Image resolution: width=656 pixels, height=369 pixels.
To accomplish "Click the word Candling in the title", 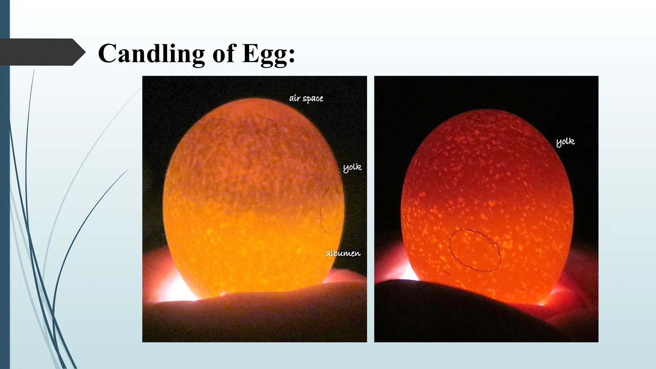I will pos(151,53).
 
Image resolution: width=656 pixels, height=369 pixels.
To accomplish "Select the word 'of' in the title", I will pos(224,53).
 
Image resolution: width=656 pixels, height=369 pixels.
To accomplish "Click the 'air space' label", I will pos(306,98).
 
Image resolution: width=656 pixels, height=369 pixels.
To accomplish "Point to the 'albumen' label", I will pos(343,253).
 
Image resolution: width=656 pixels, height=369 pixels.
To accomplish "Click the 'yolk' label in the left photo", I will pos(352,167).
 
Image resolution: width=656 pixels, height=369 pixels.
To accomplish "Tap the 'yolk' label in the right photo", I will pos(565,142).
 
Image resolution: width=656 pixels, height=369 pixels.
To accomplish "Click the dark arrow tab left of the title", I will pos(42,52).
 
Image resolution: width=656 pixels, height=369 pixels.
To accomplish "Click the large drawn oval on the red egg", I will pos(475,250).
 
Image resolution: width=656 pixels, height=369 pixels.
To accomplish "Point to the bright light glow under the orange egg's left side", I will pos(173,288).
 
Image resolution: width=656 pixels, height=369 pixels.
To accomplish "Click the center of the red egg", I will pos(487,205).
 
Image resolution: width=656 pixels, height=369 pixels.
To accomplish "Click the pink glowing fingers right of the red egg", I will pos(573,288).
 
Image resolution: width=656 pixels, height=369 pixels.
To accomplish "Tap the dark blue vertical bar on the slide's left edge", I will pos(4,184).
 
